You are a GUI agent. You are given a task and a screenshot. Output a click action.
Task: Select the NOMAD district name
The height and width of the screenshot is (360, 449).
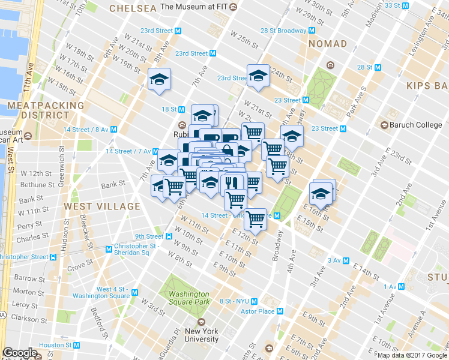[328, 44]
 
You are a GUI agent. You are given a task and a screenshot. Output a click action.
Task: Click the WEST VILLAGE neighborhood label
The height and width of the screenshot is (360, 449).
[102, 206]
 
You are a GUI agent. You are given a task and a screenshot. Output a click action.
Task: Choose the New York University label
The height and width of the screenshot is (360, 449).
[201, 335]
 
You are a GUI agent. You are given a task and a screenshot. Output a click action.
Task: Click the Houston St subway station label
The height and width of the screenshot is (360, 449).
[56, 345]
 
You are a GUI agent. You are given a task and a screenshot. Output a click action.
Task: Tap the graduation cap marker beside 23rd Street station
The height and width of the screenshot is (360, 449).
[258, 75]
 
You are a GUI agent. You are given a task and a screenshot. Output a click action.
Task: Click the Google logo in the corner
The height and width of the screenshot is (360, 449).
[20, 353]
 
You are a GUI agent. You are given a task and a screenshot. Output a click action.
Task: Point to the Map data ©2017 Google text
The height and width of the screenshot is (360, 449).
[412, 355]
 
